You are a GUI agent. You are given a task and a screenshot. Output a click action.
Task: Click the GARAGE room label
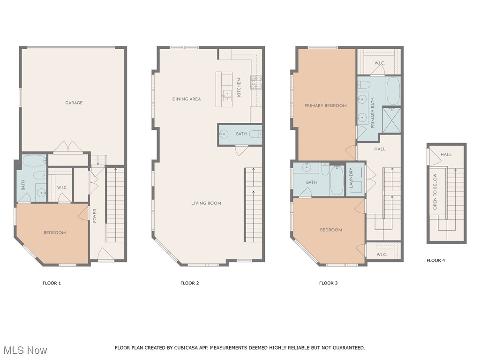(74, 103)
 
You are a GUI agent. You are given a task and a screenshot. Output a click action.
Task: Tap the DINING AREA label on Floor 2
(187, 99)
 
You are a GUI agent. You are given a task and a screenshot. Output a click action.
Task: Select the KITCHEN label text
(239, 88)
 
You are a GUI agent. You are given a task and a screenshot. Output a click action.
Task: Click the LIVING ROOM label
(206, 203)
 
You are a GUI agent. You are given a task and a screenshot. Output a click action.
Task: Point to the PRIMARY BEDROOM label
(325, 105)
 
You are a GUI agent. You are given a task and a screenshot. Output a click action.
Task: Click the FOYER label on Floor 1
(95, 216)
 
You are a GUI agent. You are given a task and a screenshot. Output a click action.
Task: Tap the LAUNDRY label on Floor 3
(351, 178)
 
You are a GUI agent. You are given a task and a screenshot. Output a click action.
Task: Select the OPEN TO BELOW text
(435, 191)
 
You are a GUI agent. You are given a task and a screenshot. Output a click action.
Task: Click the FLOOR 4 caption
(435, 260)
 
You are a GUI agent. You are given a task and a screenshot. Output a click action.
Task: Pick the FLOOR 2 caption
(190, 283)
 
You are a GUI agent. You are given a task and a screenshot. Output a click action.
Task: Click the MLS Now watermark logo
(25, 350)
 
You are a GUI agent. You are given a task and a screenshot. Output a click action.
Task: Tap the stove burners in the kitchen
(256, 83)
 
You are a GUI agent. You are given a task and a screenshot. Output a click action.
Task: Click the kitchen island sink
(227, 96)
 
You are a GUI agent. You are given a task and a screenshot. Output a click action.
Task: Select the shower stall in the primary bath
(391, 120)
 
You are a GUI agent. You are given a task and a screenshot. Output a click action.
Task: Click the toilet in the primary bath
(364, 84)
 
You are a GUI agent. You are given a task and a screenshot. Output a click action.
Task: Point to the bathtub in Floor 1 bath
(34, 161)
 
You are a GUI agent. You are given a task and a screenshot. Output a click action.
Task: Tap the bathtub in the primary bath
(393, 90)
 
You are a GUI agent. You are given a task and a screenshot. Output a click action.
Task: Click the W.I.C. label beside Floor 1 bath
(62, 187)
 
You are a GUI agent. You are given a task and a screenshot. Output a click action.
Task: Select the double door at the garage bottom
(68, 147)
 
